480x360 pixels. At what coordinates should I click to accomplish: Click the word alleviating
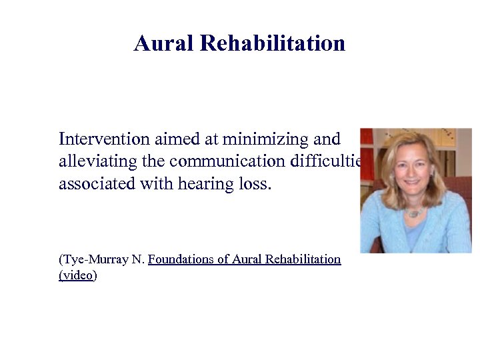(x=93, y=161)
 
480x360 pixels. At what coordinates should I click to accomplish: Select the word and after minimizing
(x=326, y=139)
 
